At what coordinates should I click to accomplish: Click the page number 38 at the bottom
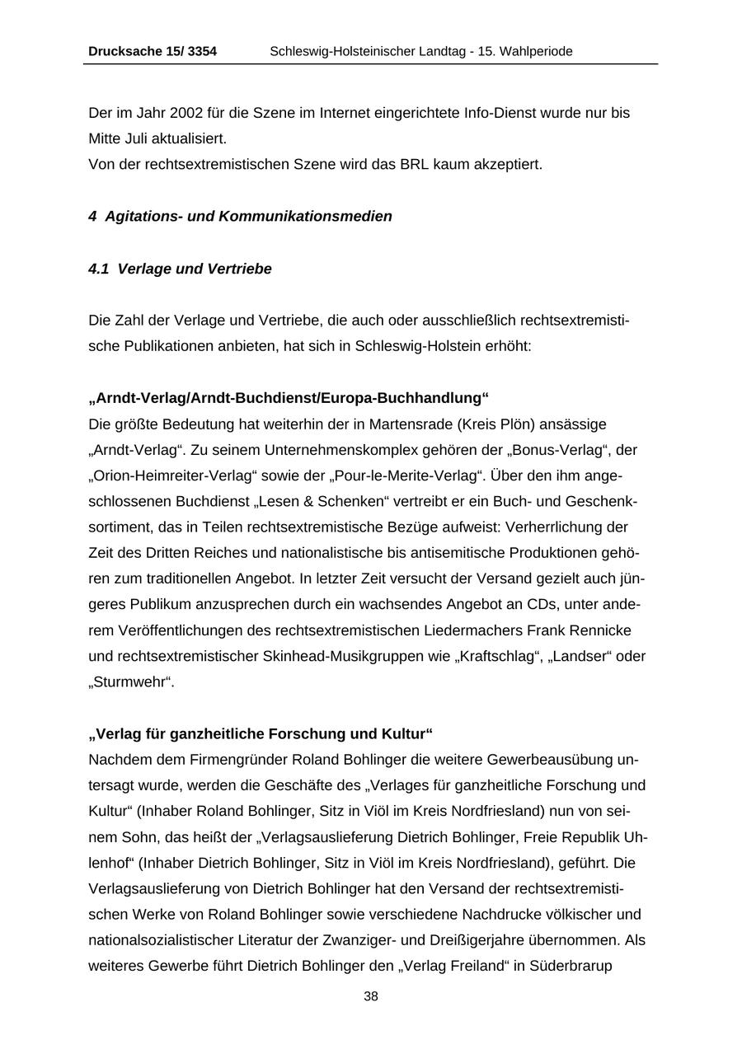point(371,996)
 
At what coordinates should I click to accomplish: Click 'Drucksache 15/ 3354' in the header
point(153,51)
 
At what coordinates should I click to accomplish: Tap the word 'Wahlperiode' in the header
point(534,51)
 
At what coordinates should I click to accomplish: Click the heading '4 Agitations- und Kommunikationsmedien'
point(240,216)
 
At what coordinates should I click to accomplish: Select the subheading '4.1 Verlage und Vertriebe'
point(180,269)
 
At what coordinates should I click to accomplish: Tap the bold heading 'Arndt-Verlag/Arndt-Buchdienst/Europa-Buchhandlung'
point(289,398)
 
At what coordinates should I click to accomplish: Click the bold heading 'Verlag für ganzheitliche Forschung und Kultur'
point(261,733)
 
